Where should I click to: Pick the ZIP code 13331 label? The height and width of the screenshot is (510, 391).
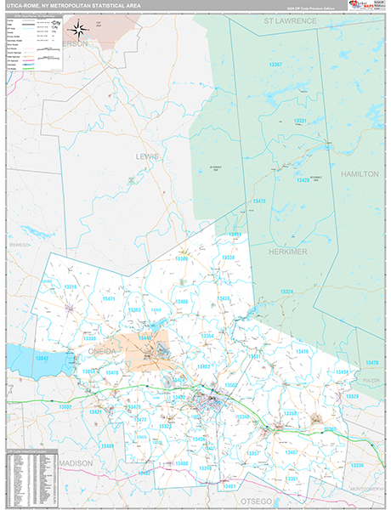coord(299,122)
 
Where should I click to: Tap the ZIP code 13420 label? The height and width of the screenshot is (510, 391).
coord(303,180)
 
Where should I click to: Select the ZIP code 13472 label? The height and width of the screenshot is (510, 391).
coord(260,201)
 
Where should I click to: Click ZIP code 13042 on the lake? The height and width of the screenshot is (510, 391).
coord(41,360)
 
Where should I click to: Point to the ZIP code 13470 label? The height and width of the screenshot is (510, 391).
coord(371,363)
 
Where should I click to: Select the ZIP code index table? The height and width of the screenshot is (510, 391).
coord(33,477)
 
